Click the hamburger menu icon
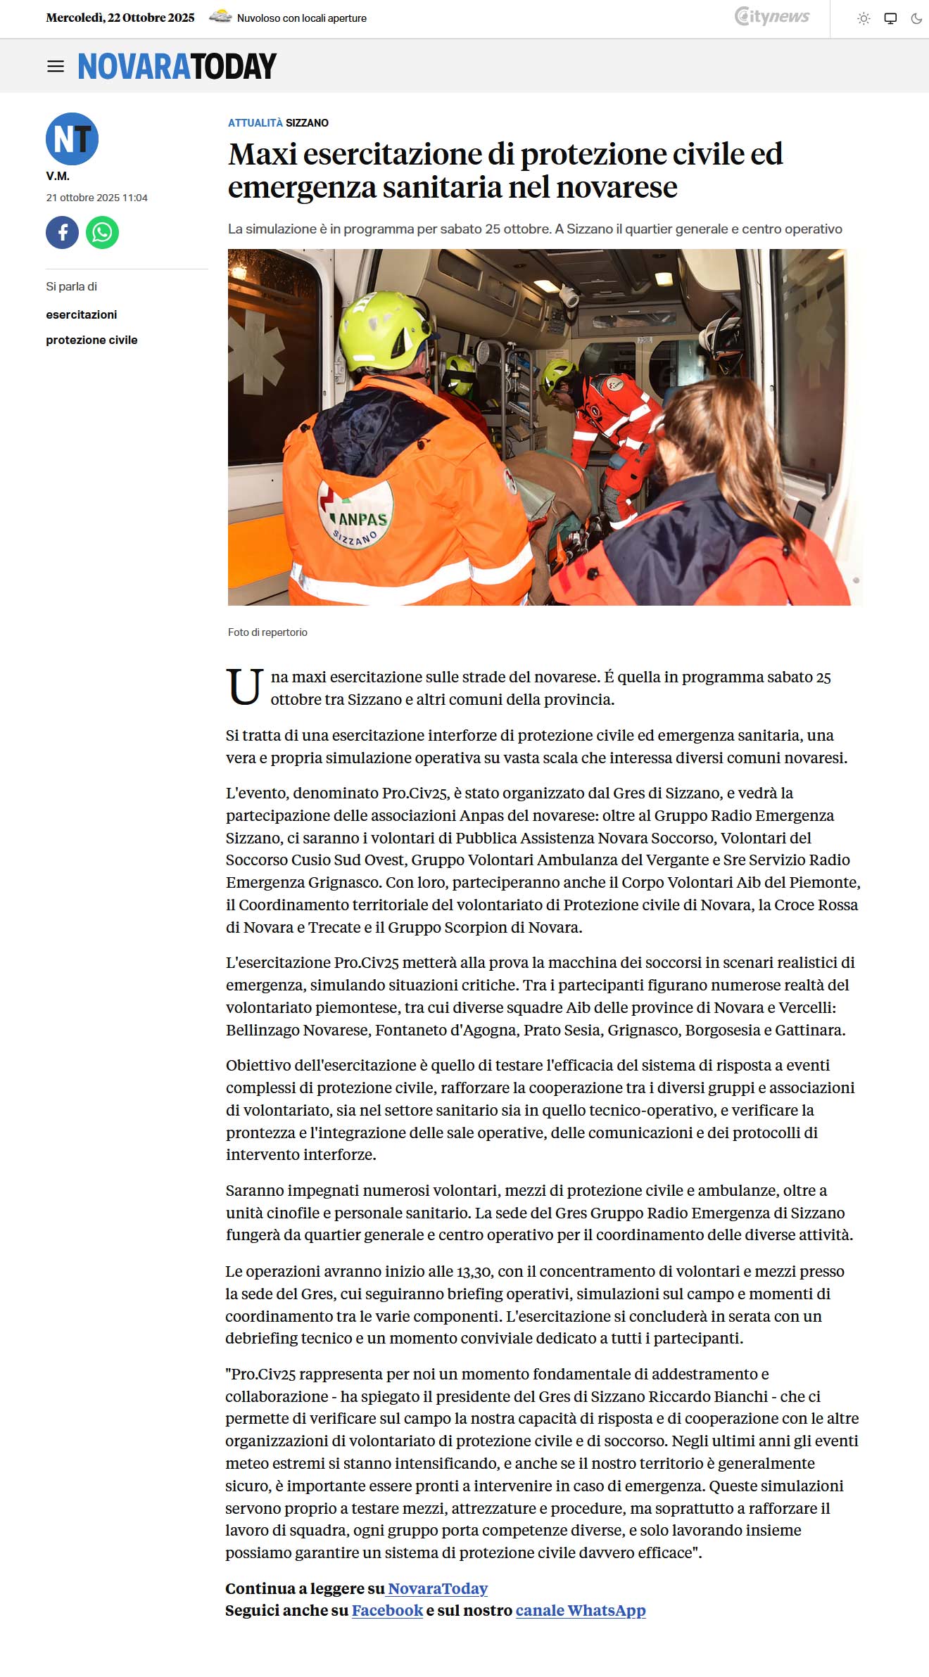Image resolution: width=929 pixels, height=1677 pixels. click(56, 67)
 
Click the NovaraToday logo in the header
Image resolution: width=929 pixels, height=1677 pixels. click(177, 67)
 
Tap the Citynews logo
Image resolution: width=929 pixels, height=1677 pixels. click(772, 17)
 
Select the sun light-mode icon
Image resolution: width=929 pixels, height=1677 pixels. click(864, 19)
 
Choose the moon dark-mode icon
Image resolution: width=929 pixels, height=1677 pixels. click(916, 19)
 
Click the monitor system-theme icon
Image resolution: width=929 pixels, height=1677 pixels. click(890, 19)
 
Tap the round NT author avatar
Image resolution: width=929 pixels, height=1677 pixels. click(72, 139)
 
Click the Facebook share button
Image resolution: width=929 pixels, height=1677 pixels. click(63, 232)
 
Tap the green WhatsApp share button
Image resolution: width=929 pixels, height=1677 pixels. click(103, 232)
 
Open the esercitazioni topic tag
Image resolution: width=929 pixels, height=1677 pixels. click(82, 314)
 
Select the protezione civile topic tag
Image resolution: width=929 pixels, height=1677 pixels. click(91, 340)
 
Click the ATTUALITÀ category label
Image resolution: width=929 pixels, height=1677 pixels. click(255, 122)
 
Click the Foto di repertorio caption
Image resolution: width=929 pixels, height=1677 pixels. click(267, 632)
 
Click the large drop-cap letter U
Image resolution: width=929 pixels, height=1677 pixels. click(245, 687)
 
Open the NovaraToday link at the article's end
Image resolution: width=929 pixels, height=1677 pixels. click(437, 1588)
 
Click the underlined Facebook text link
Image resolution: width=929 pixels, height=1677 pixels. click(387, 1610)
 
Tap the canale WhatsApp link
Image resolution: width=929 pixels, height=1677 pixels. click(580, 1610)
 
